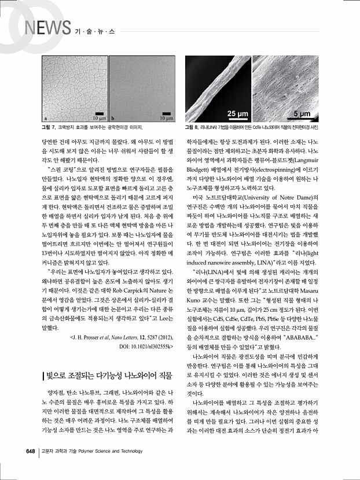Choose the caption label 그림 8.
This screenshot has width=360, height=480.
coord(192,126)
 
